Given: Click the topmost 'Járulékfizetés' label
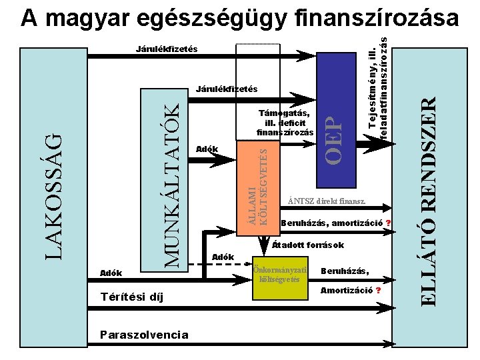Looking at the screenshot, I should [x=167, y=49].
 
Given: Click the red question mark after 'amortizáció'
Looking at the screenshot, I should [x=388, y=223].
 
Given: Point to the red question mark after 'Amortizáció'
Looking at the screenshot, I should [x=378, y=291].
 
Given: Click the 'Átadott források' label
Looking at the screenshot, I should [x=308, y=245].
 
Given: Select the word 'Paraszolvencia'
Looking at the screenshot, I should [x=143, y=334].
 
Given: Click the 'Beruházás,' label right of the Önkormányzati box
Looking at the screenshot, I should [x=345, y=271].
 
